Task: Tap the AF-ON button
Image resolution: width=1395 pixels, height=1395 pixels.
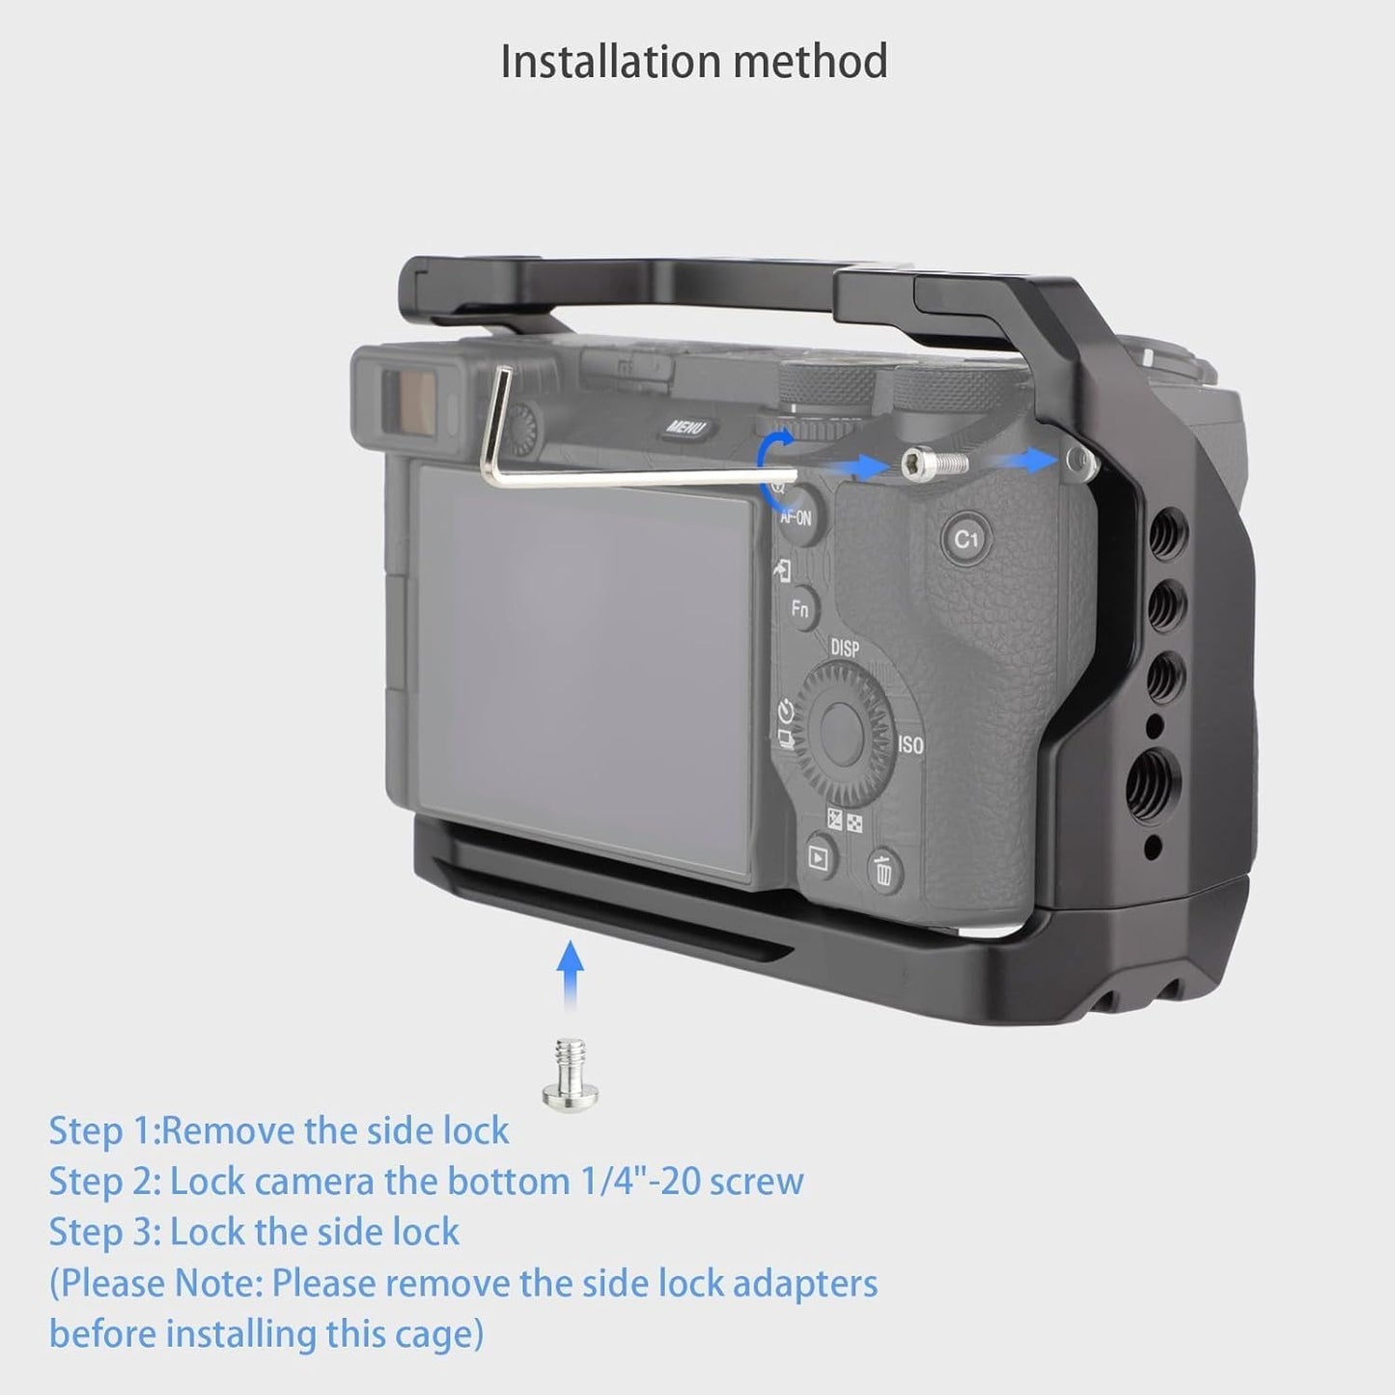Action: click(797, 515)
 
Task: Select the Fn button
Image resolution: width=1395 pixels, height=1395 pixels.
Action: click(800, 609)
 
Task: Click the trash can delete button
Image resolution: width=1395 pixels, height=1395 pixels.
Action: click(884, 870)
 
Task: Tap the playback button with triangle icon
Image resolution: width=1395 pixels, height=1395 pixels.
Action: click(818, 857)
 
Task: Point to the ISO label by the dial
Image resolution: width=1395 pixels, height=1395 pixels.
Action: click(910, 744)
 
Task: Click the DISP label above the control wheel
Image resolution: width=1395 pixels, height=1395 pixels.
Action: click(845, 648)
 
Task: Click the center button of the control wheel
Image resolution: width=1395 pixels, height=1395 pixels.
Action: click(842, 732)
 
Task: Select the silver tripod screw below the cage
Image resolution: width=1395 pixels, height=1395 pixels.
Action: click(570, 1075)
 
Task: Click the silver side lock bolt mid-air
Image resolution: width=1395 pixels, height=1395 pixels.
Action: click(935, 462)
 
